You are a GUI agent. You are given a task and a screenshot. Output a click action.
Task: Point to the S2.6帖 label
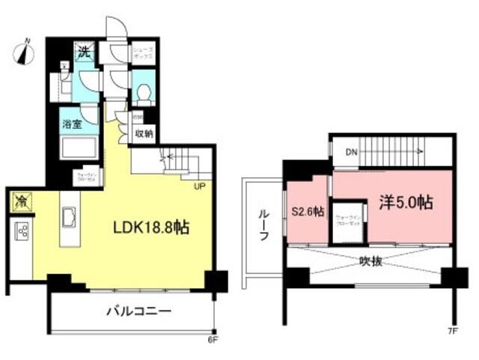click(307, 212)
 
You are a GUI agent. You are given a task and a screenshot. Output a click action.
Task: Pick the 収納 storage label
click(144, 134)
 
